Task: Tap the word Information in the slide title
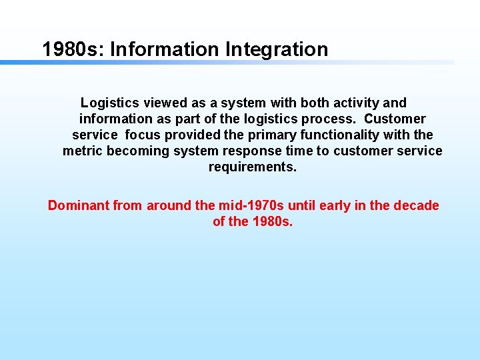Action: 165,49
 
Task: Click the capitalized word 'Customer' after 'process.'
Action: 395,119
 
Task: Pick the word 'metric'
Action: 83,151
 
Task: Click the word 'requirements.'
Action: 253,167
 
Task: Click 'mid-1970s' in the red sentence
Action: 251,205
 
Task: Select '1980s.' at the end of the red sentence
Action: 273,221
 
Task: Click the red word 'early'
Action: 335,205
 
